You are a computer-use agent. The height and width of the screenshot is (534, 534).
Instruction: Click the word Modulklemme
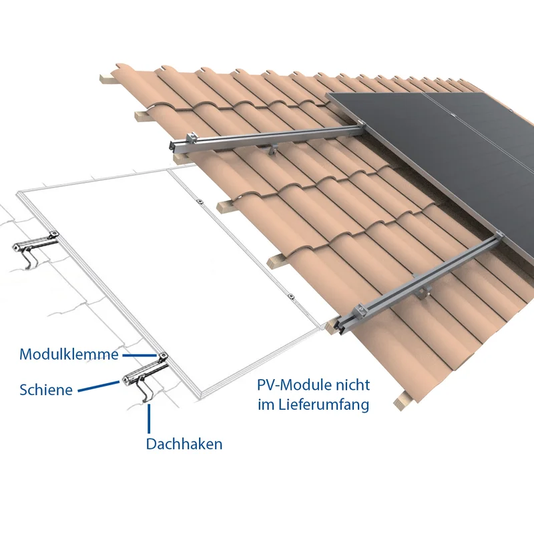69,354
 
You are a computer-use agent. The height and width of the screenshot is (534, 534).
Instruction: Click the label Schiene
46,390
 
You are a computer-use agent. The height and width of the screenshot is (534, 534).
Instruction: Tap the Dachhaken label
184,444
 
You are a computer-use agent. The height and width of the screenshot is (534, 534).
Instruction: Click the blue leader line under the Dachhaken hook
149,419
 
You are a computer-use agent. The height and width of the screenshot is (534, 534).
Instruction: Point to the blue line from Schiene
99,386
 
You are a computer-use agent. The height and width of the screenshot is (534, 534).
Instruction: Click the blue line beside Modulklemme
139,355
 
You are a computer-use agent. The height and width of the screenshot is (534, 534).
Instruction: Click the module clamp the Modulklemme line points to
163,356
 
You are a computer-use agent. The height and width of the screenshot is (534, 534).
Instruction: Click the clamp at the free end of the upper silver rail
192,138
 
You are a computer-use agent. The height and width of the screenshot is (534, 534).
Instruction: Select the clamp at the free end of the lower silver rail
360,310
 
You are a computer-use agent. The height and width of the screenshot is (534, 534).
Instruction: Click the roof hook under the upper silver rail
272,149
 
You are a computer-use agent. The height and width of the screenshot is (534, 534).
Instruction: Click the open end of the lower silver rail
342,326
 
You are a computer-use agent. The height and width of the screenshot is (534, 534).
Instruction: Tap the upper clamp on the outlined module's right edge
200,202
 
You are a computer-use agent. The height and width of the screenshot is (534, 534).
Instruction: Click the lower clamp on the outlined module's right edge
290,296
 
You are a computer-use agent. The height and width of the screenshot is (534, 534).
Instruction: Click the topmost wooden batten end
107,78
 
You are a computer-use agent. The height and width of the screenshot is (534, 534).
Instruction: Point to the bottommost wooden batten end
403,401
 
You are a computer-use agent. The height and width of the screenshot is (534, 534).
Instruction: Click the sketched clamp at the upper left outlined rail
53,235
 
